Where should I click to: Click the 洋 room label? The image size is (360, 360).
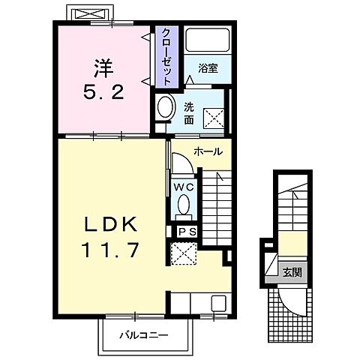point(103,68)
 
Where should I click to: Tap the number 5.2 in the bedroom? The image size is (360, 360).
point(103,91)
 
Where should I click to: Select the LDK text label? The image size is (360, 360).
point(111,224)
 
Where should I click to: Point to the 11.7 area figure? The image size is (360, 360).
point(111,250)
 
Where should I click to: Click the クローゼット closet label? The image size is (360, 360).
point(166,57)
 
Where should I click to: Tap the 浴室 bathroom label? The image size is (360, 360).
point(208,68)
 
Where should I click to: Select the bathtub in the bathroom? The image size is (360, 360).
point(208,40)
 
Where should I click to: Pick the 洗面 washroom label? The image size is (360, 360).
point(189,114)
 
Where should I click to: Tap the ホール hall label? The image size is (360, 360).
point(208,151)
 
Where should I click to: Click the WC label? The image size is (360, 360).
point(184,187)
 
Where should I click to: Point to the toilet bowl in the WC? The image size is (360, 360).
point(184,204)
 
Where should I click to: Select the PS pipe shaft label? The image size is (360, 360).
point(187,232)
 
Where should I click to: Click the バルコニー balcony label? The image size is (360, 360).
point(143,334)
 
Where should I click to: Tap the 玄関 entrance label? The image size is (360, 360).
point(292,271)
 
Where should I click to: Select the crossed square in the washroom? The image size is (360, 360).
point(214,118)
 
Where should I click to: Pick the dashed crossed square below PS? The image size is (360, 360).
point(184,253)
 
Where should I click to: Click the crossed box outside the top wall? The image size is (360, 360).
point(91,13)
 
